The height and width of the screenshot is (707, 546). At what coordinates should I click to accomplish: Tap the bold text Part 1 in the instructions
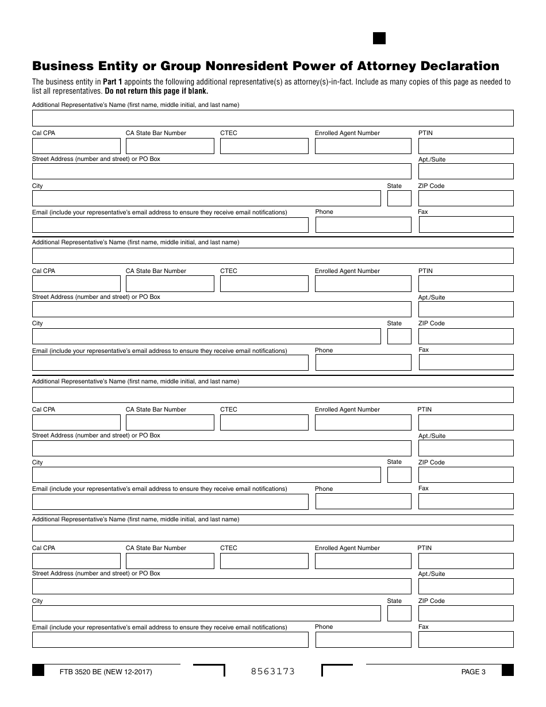click(x=113, y=82)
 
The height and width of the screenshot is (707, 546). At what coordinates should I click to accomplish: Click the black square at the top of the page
click(x=379, y=39)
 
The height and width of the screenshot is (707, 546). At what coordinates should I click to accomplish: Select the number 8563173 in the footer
click(x=273, y=671)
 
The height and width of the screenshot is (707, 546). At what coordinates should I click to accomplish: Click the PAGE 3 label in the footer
click(x=473, y=671)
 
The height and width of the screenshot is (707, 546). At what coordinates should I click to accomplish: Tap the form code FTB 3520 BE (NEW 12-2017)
click(x=106, y=671)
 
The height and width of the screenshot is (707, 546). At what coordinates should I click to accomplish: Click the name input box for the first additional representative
click(x=272, y=118)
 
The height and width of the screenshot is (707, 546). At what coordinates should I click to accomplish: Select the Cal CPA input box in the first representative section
click(x=76, y=146)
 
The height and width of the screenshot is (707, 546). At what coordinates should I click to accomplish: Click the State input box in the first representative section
click(x=399, y=198)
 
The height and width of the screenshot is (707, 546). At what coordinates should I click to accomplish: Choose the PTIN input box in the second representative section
click(x=466, y=284)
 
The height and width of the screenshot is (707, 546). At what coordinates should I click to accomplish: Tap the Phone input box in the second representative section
click(x=363, y=363)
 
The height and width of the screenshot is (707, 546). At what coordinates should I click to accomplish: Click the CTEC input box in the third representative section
click(x=264, y=422)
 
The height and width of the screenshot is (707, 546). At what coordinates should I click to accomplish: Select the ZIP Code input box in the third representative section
click(x=466, y=475)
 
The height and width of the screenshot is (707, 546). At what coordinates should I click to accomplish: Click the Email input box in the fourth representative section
click(x=170, y=640)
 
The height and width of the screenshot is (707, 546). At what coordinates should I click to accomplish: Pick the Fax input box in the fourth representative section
click(x=466, y=640)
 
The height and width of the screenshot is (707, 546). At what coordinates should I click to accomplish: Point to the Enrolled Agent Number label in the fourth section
click(x=347, y=548)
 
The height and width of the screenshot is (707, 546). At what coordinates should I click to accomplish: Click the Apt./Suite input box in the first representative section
click(x=466, y=171)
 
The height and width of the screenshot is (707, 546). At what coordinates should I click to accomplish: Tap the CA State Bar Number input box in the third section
click(x=170, y=422)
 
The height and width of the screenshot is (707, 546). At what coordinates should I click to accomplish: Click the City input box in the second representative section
click(x=206, y=336)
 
